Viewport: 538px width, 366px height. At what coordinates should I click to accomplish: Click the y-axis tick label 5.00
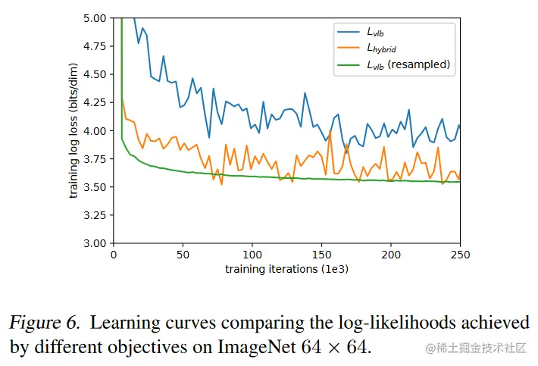point(97,17)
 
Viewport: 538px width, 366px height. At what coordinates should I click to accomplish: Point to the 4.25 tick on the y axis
point(97,102)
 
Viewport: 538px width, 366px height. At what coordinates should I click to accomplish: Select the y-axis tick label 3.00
point(97,243)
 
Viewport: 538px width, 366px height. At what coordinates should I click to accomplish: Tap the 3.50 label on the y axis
point(97,187)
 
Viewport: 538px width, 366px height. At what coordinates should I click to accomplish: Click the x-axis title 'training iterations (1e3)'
point(286,269)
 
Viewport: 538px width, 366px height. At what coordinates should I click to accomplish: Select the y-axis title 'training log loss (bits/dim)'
point(74,130)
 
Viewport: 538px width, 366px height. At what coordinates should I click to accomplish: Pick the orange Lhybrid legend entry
point(383,48)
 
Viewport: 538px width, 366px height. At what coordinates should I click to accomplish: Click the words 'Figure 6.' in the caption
point(44,323)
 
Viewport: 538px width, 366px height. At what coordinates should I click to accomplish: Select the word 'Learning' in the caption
point(125,323)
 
